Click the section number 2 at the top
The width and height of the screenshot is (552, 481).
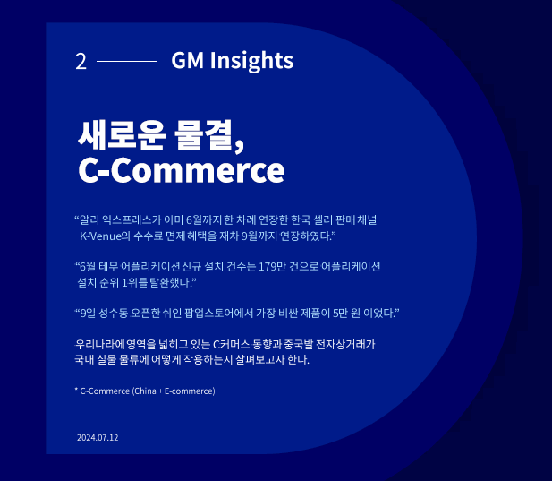tap(81, 61)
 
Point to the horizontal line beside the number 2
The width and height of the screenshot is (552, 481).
tap(127, 61)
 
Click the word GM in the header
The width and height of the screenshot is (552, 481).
tap(187, 60)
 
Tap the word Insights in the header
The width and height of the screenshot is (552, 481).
tap(251, 61)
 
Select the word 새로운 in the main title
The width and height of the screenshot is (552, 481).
tap(122, 135)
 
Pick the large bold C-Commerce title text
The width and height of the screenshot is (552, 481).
tap(182, 170)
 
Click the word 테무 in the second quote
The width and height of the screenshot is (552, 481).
tap(108, 266)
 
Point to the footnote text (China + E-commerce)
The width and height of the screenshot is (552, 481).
tap(174, 391)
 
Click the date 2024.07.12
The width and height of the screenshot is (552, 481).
tap(98, 438)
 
